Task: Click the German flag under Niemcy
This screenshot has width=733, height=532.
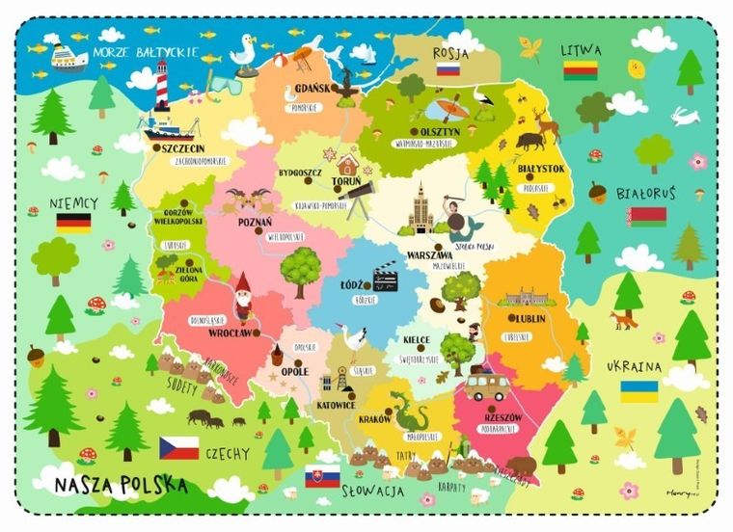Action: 73,223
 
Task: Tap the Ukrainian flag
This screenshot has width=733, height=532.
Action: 638,391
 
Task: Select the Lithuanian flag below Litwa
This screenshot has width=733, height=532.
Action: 582,69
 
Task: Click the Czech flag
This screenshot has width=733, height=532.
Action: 179,447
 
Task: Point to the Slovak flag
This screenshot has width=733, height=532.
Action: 322,476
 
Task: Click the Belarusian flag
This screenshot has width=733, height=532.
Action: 646,216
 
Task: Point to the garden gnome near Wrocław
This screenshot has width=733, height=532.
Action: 243,295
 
